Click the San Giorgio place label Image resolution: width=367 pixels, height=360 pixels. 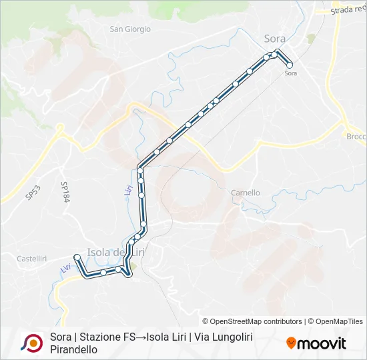tap(130, 29)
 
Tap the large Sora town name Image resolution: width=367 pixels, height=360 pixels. tap(274, 39)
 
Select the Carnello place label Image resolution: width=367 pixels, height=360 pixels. tap(245, 193)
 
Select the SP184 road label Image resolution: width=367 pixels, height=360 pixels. tap(65, 193)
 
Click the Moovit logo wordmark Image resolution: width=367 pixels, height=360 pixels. tap(322, 343)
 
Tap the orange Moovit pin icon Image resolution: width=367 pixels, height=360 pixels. tap(291, 343)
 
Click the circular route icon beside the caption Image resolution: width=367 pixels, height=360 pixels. tap(31, 342)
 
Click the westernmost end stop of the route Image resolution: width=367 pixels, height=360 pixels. tap(77, 257)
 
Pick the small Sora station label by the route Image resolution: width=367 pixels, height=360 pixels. tap(290, 73)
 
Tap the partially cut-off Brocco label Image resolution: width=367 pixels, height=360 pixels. tap(356, 136)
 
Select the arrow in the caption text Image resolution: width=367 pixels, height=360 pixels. tap(142, 337)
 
